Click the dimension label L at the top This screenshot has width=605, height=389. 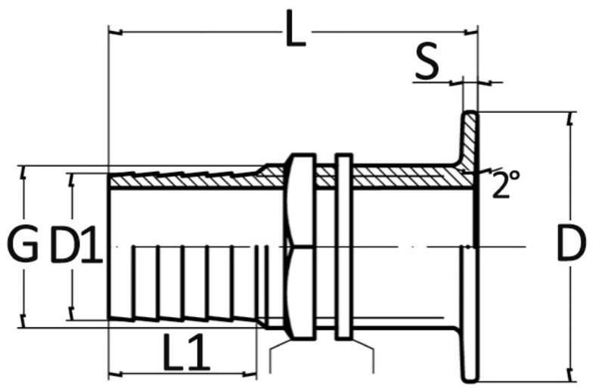point(296,29)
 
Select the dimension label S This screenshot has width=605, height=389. point(427,61)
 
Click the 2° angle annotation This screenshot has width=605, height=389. point(506,184)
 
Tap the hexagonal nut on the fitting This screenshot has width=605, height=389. point(300,247)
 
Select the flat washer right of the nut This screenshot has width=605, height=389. point(343,247)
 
